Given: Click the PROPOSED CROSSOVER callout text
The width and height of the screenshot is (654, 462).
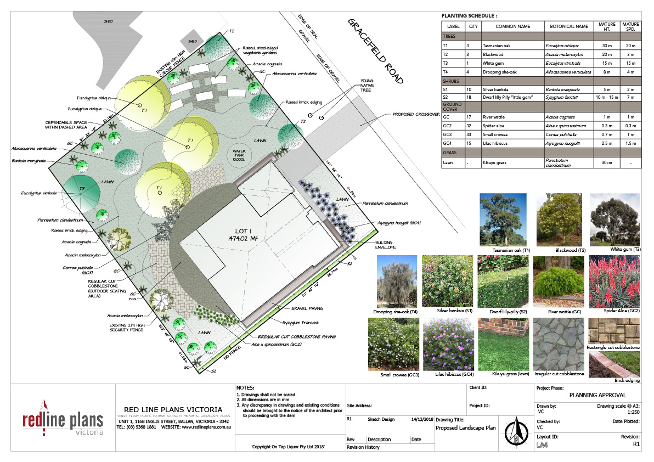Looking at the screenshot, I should click(415, 115).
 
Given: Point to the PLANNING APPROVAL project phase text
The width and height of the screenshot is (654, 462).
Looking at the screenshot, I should click(597, 395).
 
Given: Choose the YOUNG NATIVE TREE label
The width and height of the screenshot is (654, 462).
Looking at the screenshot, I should click(367, 86).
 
